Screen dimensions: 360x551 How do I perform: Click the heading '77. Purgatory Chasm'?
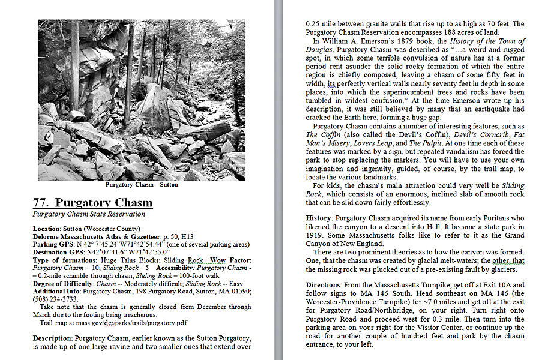tap(92, 202)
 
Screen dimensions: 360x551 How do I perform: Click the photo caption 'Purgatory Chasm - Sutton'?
tap(142, 185)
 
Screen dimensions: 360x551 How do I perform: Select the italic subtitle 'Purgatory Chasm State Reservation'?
tap(88, 214)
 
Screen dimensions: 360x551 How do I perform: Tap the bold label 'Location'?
tap(46, 229)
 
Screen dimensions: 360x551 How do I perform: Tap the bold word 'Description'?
tap(52, 338)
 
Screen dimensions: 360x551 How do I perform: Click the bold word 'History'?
tap(318, 218)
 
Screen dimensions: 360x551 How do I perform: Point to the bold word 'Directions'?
tap(324, 285)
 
